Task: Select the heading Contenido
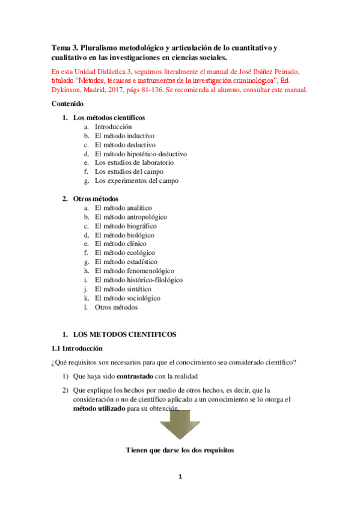(x=69, y=103)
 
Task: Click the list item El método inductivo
(x=124, y=136)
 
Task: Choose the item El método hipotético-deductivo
(x=141, y=154)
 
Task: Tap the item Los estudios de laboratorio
(x=134, y=163)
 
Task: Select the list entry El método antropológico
(x=131, y=217)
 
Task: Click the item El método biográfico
(x=126, y=226)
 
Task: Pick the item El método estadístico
(x=126, y=262)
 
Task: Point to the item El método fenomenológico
(x=135, y=271)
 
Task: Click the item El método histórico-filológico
(x=139, y=280)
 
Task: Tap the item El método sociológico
(x=127, y=298)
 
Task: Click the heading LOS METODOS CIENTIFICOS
(x=124, y=334)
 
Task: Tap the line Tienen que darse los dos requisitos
(x=180, y=450)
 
